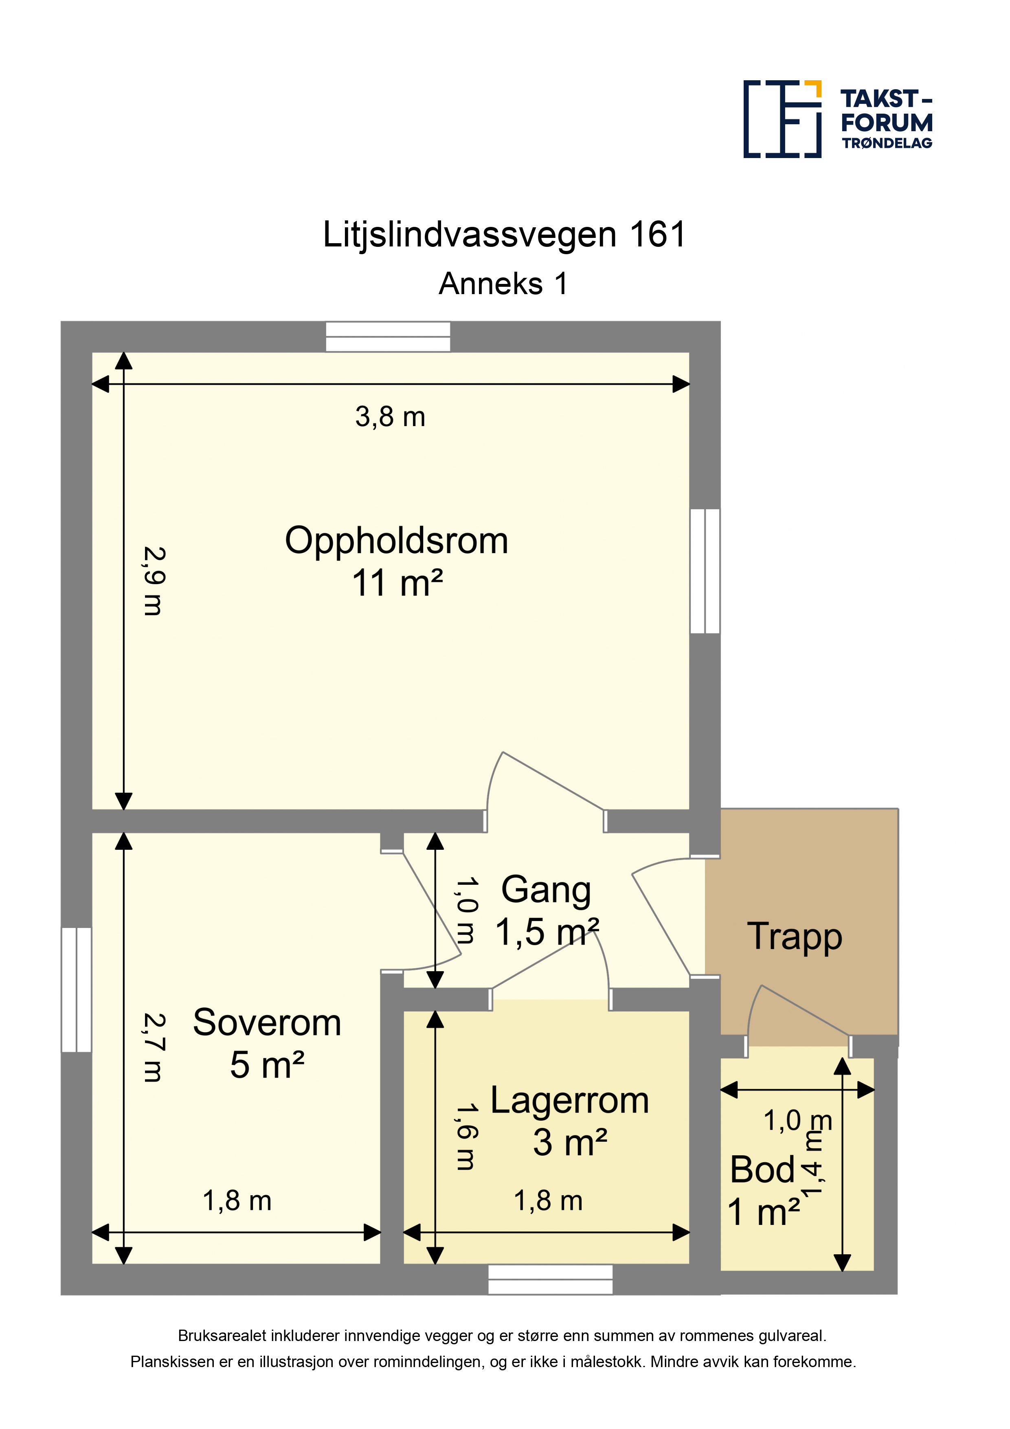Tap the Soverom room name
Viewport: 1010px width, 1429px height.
pos(267,1022)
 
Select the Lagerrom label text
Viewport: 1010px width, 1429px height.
pos(569,1100)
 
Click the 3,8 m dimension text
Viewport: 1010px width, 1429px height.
pos(390,417)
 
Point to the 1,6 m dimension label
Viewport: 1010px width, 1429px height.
pos(466,1136)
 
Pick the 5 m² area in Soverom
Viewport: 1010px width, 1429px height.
pos(267,1065)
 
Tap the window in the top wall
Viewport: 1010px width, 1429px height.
pos(388,337)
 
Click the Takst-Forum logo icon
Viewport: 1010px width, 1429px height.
pos(782,119)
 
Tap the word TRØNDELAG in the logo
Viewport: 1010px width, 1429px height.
pos(887,143)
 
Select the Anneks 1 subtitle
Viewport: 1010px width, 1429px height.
pos(503,284)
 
